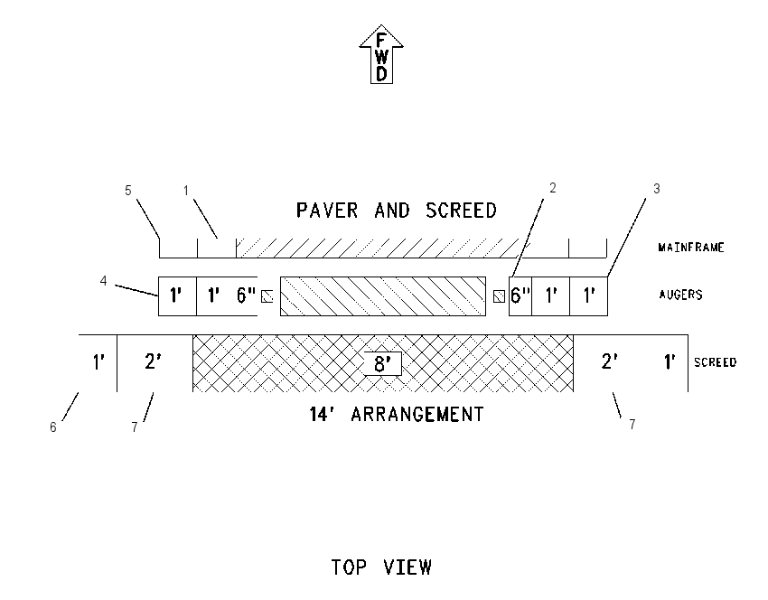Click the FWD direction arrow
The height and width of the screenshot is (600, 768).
(x=381, y=54)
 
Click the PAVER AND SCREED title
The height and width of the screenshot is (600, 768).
(x=397, y=211)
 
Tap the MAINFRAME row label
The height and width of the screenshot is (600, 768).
(x=691, y=248)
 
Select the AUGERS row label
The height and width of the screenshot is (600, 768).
(x=681, y=295)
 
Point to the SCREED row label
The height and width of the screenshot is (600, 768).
(x=715, y=362)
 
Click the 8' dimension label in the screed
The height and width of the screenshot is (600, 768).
(x=382, y=364)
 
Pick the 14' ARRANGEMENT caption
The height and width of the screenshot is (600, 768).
(x=397, y=415)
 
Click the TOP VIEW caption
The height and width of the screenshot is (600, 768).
(x=381, y=567)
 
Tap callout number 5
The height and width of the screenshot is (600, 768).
(x=128, y=191)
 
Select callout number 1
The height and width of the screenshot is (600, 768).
(x=186, y=191)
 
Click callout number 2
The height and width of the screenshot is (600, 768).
(x=553, y=188)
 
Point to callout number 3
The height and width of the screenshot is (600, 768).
(x=657, y=189)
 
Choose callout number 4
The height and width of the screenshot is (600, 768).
(x=103, y=281)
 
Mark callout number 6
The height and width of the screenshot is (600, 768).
(x=53, y=427)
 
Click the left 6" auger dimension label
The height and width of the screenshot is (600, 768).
(x=247, y=295)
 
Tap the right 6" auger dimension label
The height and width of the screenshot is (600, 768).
(x=520, y=295)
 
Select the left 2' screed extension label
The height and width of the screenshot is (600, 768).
(x=153, y=361)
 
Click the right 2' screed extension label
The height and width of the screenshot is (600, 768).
(x=609, y=361)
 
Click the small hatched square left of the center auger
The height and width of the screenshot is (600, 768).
(x=267, y=296)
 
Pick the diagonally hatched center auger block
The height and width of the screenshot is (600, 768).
(x=383, y=296)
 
